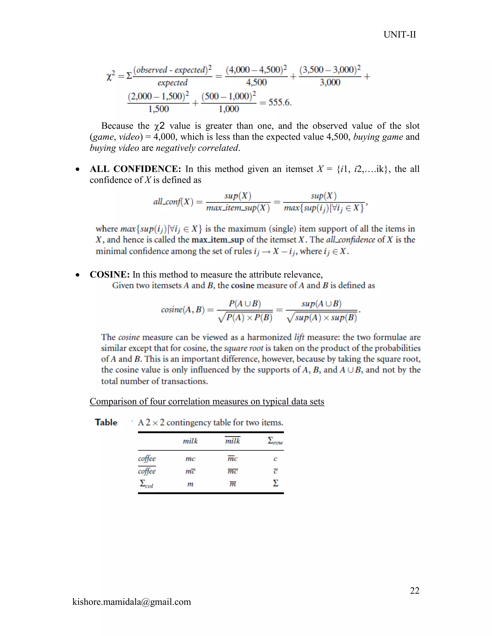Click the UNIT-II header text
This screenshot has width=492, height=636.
(x=399, y=35)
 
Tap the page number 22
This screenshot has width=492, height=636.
(x=414, y=590)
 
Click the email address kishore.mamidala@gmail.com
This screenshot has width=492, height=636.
(x=131, y=602)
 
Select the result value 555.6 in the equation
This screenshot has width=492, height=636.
(x=280, y=102)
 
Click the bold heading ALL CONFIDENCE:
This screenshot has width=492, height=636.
(x=135, y=169)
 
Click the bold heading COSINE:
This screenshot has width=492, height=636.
(x=110, y=274)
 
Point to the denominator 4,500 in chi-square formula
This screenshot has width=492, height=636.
(x=256, y=82)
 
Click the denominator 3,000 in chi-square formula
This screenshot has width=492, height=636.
(x=330, y=82)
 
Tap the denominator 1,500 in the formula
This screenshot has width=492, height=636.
(x=158, y=109)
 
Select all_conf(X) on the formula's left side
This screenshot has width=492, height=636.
(x=173, y=202)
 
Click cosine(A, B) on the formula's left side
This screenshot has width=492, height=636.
(x=183, y=309)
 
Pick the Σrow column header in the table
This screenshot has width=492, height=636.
(x=275, y=441)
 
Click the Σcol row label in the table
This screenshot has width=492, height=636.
(x=146, y=484)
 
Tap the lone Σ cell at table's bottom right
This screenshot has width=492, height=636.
(x=276, y=483)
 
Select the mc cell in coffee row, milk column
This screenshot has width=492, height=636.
(x=190, y=459)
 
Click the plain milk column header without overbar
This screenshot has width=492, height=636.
(x=190, y=441)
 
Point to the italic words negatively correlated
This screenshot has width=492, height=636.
(x=197, y=148)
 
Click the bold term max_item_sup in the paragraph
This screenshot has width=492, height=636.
(x=218, y=240)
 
